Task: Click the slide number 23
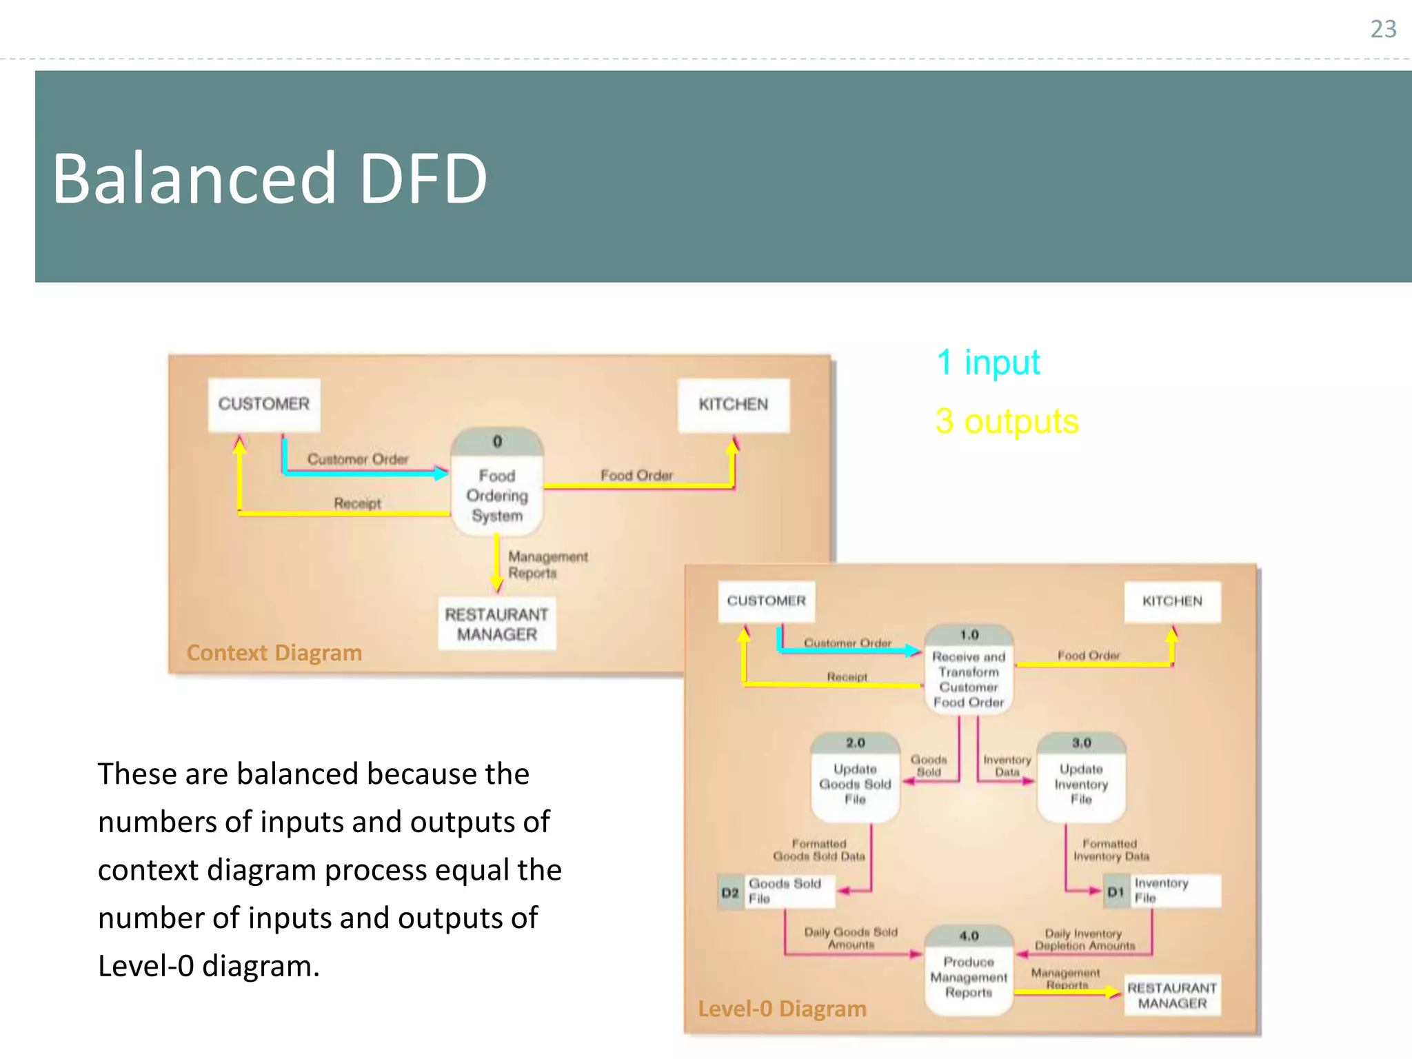1382,29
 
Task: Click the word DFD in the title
423,179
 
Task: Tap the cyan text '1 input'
987,363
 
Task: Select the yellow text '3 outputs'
1007,421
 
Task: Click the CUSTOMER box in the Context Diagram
264,405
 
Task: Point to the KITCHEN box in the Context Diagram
733,405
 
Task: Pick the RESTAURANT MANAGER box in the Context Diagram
496,624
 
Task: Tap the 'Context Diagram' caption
274,653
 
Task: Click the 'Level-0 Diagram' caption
782,1009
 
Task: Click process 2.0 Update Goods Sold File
855,778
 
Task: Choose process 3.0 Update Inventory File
1081,778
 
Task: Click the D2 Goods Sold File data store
776,891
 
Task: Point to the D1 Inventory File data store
1162,891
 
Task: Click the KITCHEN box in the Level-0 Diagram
1172,601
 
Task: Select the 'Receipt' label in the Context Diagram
357,503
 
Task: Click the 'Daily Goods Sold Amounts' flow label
851,938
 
